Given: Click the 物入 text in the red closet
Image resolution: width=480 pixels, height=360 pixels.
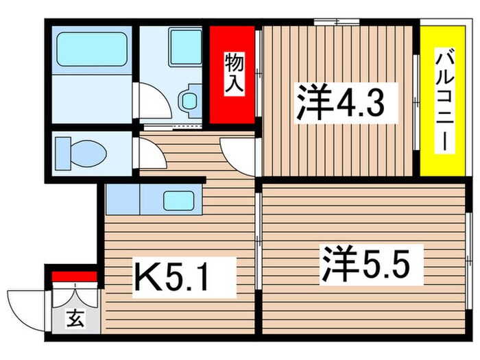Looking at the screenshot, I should click(x=233, y=74).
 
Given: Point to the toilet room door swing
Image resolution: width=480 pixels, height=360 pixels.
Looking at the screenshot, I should click(x=150, y=154).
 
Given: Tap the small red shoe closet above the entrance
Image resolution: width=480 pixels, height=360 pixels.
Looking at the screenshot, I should click(x=73, y=277).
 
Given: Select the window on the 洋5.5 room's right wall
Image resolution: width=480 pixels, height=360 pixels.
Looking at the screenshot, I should click(x=469, y=260).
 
